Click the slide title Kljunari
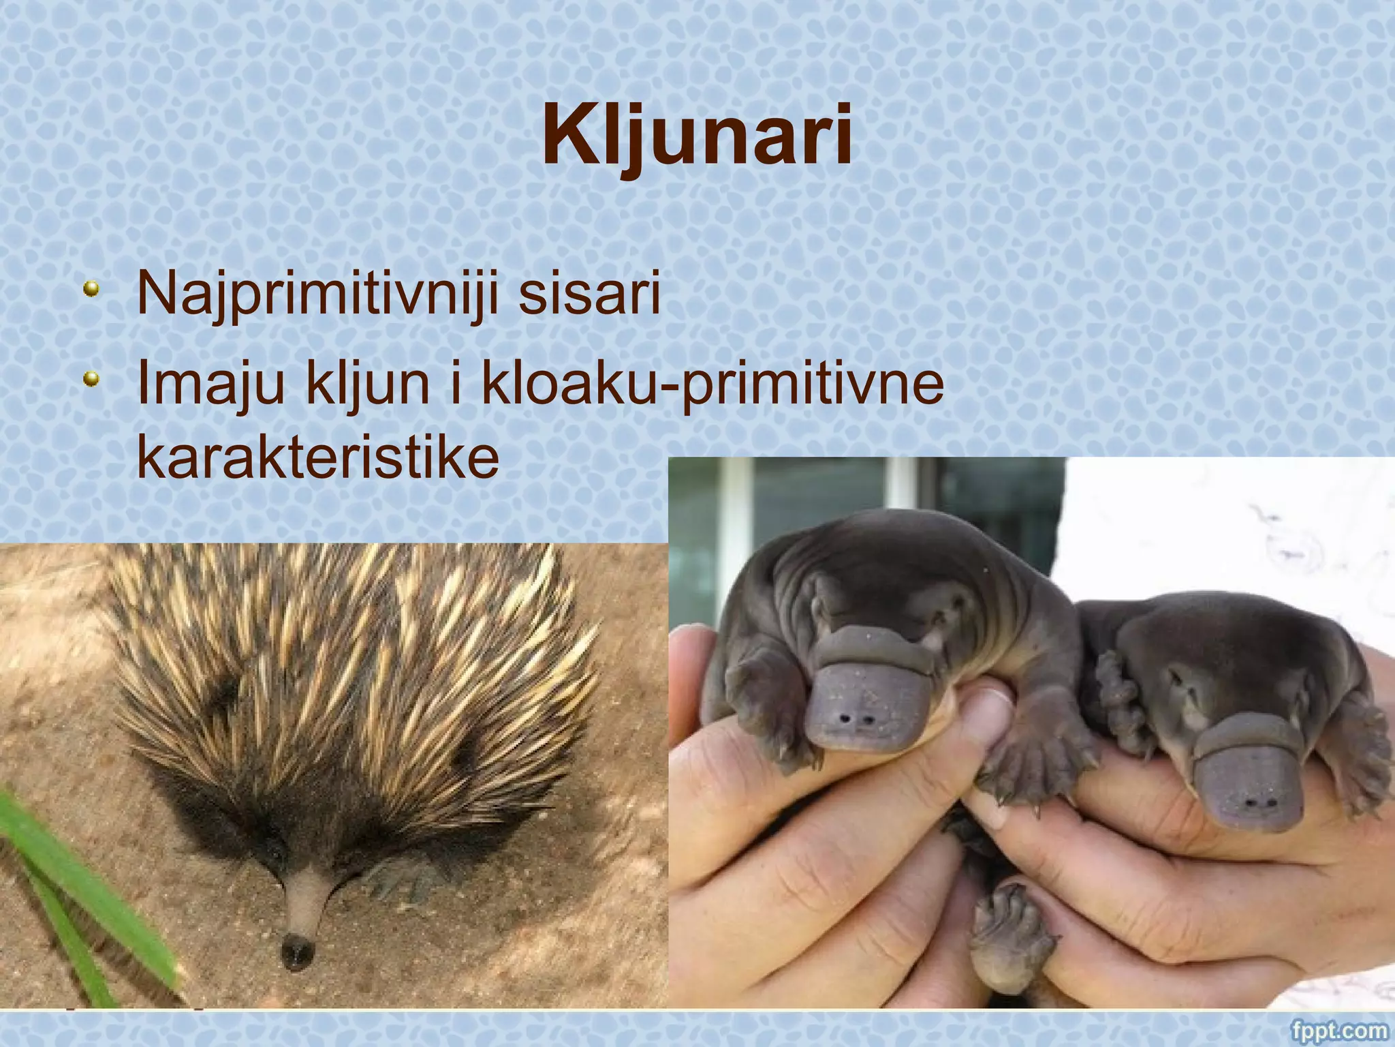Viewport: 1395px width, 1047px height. [x=697, y=136]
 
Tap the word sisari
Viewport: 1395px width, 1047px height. [x=589, y=292]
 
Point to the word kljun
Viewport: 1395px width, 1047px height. [x=368, y=385]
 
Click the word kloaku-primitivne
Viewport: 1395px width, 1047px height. [x=712, y=385]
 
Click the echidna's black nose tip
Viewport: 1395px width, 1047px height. [x=297, y=950]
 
